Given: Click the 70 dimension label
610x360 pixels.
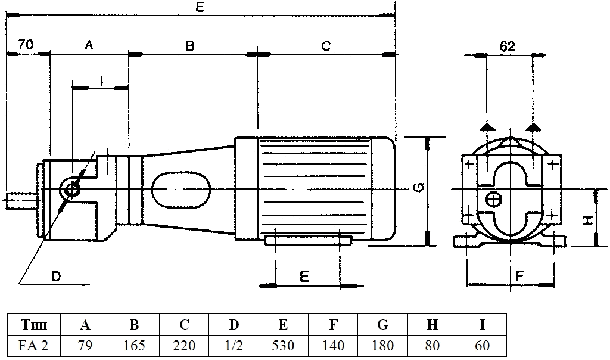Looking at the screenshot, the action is [x=26, y=44].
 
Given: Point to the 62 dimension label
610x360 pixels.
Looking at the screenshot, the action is [x=508, y=46].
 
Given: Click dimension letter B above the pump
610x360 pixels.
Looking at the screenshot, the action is [x=189, y=46].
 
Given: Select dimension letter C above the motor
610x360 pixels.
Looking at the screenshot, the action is [x=326, y=46].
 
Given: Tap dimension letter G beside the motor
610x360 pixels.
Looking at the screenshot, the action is [x=418, y=188].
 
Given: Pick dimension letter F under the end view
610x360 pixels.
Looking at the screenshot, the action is [x=519, y=276].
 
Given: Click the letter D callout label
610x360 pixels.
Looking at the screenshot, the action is [x=57, y=277].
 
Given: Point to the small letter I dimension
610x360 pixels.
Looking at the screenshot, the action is [x=101, y=80].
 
